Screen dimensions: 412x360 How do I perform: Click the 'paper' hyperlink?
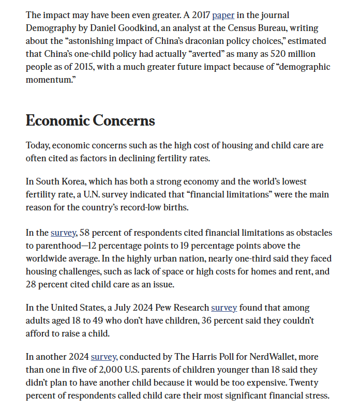(223, 16)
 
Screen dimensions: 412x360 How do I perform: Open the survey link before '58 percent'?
(63, 233)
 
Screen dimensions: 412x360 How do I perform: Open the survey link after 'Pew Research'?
(224, 308)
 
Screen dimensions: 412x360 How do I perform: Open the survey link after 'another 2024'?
(103, 357)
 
